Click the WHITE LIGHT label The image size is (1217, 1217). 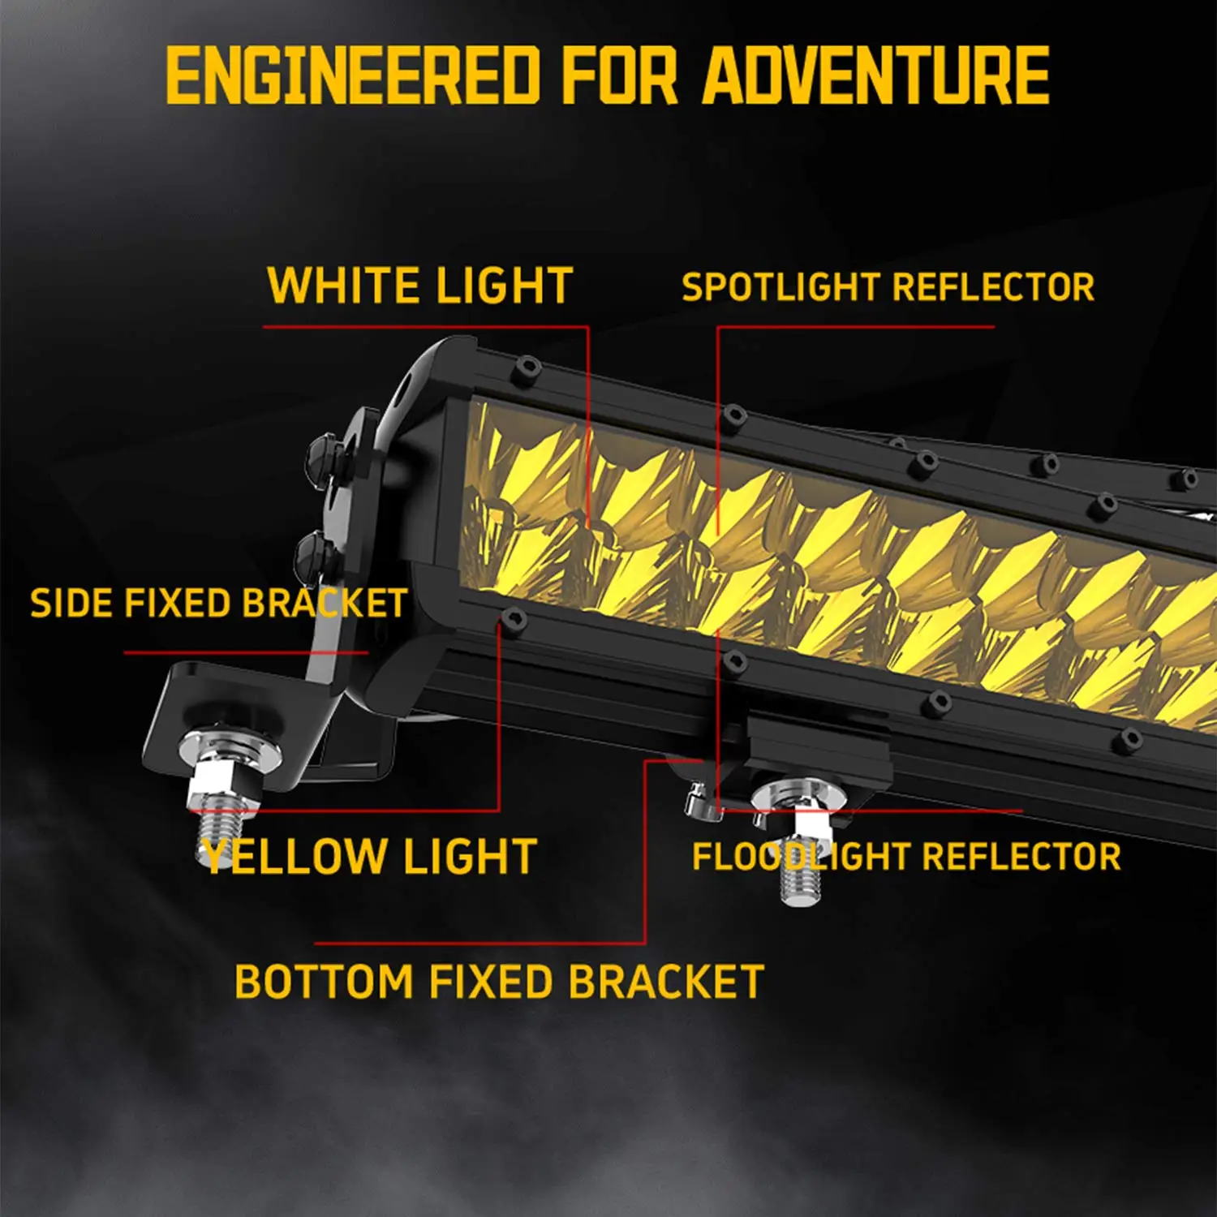point(420,286)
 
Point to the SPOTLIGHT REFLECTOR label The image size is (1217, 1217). point(888,287)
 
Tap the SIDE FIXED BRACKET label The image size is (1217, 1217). point(218,604)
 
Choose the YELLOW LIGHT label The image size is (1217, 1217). point(370,857)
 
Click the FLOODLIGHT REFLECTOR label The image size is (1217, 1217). point(906,857)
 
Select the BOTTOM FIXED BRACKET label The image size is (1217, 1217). point(499,982)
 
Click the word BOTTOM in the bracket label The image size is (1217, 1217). point(324,982)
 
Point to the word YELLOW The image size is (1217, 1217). point(295,857)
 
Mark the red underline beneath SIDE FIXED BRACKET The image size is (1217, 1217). point(246,652)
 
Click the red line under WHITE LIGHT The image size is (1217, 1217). point(426,327)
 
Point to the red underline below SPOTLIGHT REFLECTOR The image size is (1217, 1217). point(856,327)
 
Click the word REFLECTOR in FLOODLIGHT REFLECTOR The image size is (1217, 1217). point(1021,857)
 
